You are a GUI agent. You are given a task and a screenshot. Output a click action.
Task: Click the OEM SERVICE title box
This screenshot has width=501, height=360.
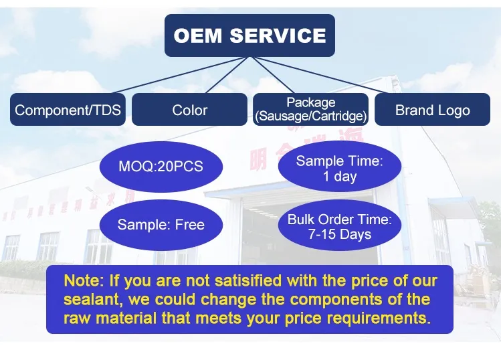249,35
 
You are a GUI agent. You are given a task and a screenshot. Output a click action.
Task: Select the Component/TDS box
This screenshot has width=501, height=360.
68,110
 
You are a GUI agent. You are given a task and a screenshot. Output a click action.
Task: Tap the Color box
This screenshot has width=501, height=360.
189,110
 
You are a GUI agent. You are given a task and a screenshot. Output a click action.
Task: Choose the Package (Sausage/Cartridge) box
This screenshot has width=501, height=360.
310,110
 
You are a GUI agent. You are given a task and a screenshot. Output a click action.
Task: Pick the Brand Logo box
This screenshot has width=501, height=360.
432,110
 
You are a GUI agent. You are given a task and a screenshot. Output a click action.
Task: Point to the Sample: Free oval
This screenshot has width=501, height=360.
161,225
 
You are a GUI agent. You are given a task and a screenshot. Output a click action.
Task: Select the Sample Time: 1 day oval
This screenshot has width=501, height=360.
339,169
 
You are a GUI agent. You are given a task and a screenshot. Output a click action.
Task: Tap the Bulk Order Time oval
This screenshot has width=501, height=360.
339,227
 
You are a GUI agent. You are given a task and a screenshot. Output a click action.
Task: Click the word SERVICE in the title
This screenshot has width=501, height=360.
278,35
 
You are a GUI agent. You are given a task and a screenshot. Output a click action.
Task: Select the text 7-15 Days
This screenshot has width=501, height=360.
339,235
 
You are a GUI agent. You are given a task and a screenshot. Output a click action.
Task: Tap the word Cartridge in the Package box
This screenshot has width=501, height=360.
337,116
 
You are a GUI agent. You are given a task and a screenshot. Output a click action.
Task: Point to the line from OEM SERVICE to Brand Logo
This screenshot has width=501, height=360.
341,75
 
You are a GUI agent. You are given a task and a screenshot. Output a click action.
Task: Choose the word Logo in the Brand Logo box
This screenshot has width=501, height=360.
453,110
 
